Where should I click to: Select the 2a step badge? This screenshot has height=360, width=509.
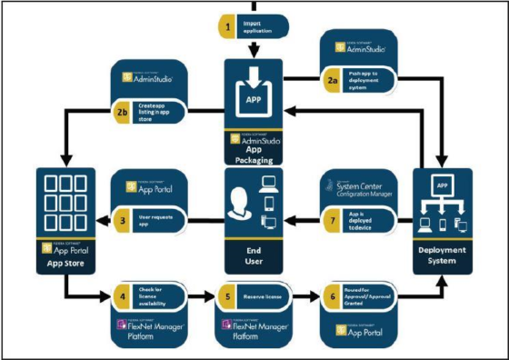[x=333, y=80]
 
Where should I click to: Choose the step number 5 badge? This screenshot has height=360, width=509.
[x=226, y=295]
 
